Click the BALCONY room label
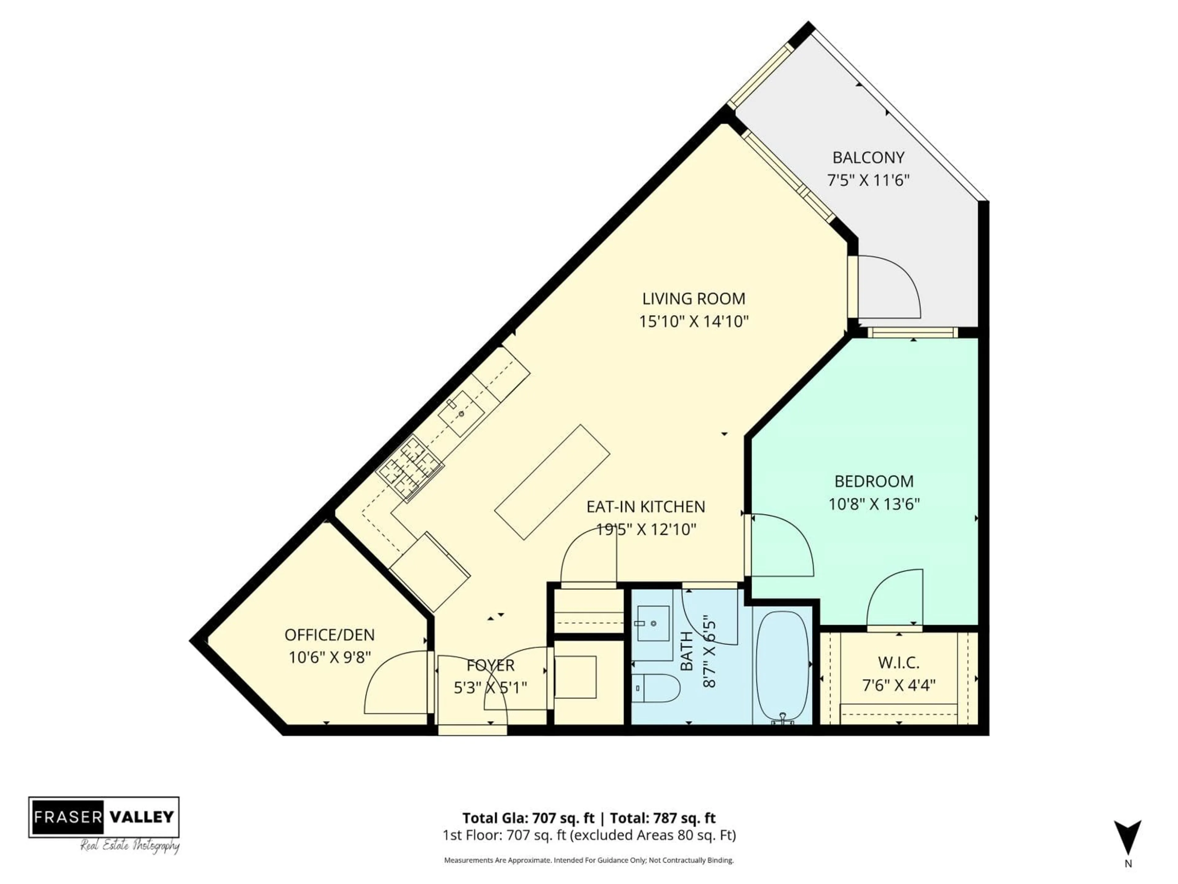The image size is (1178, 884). [868, 158]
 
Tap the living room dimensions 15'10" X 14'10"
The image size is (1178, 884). [694, 321]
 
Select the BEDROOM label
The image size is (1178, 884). [874, 481]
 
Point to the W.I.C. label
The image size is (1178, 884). [899, 663]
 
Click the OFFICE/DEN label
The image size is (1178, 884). [330, 635]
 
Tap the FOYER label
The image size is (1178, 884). [491, 665]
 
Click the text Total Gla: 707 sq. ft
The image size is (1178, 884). [528, 818]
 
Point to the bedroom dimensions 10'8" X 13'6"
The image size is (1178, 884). [874, 504]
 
